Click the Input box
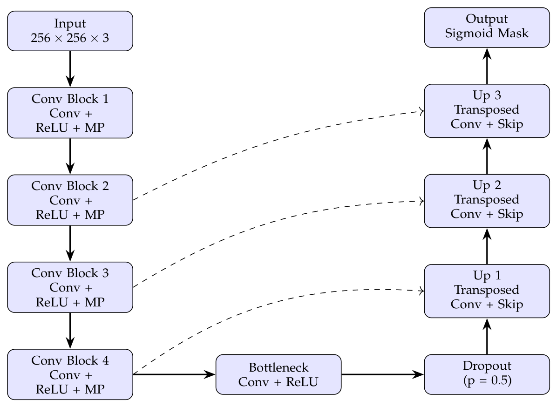(x=70, y=31)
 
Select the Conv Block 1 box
(x=70, y=113)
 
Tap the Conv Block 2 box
(x=70, y=200)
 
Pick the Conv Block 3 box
(x=70, y=287)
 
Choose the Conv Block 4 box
(x=70, y=374)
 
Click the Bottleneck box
(x=278, y=374)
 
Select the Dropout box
(x=487, y=374)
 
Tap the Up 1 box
(x=487, y=291)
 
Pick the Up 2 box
(x=487, y=201)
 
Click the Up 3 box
(x=487, y=111)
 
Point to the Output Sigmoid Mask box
(x=487, y=27)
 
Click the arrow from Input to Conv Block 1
(x=70, y=69)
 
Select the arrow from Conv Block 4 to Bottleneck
(x=175, y=374)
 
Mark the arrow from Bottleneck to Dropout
(x=383, y=374)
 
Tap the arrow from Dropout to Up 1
(x=487, y=336)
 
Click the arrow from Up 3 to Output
(x=487, y=66)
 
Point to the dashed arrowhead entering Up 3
(x=422, y=111)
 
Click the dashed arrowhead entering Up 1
(x=422, y=291)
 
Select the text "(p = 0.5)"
(x=487, y=381)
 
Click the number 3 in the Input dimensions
(x=106, y=38)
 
